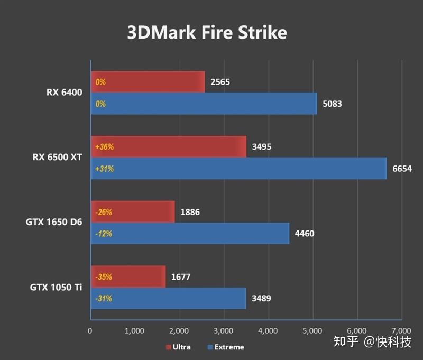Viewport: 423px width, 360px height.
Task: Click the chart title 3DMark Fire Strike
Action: coord(207,33)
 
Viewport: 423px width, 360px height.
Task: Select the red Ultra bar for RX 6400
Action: coord(148,82)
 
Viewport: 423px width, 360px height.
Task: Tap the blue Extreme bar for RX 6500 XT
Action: coord(238,169)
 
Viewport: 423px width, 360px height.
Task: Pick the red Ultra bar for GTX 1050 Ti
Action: coord(128,276)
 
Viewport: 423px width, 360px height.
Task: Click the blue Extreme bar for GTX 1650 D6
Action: coord(190,233)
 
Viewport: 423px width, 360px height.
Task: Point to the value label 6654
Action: coord(402,169)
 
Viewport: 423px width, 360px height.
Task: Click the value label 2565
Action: coord(220,82)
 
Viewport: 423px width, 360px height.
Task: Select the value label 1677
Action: coord(181,276)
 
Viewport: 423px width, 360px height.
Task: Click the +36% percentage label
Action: coord(104,147)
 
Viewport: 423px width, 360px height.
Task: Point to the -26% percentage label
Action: coord(104,212)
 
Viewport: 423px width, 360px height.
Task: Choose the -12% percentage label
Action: coord(104,233)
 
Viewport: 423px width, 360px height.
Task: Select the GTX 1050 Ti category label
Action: coord(56,287)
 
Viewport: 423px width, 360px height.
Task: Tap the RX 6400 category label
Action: coord(64,93)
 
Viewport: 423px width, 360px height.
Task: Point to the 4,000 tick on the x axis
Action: coord(268,331)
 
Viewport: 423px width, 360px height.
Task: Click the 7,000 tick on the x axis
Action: coord(401,331)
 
